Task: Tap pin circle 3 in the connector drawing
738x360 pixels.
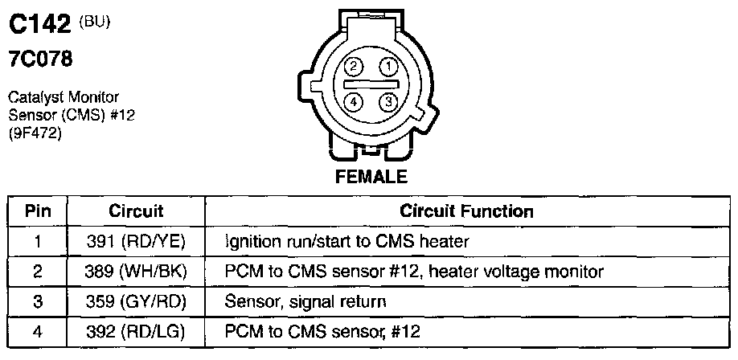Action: (388, 101)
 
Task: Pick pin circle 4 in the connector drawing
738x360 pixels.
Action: (354, 101)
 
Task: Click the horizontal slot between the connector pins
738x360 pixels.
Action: (371, 84)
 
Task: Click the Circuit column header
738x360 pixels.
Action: (136, 212)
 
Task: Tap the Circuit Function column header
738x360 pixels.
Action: (467, 212)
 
